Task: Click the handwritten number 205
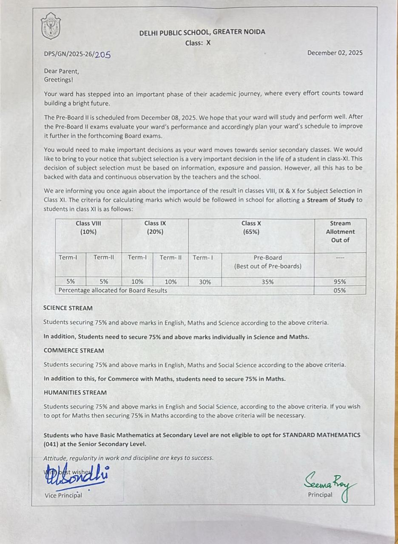pyautogui.click(x=102, y=54)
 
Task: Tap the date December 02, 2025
pyautogui.click(x=335, y=53)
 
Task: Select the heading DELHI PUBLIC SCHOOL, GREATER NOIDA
pyautogui.click(x=202, y=32)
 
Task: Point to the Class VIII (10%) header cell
pyautogui.click(x=88, y=227)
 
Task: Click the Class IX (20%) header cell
pyautogui.click(x=155, y=227)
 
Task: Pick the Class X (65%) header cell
pyautogui.click(x=251, y=227)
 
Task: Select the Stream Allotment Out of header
pyautogui.click(x=340, y=232)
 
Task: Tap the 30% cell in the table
pyautogui.click(x=205, y=282)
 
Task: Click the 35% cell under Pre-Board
pyautogui.click(x=267, y=282)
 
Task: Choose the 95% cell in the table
pyautogui.click(x=339, y=282)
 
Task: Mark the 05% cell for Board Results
pyautogui.click(x=339, y=291)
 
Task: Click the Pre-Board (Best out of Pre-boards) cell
pyautogui.click(x=267, y=262)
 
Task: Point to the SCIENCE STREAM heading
pyautogui.click(x=68, y=308)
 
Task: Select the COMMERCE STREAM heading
pyautogui.click(x=74, y=351)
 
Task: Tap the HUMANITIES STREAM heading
pyautogui.click(x=75, y=393)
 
